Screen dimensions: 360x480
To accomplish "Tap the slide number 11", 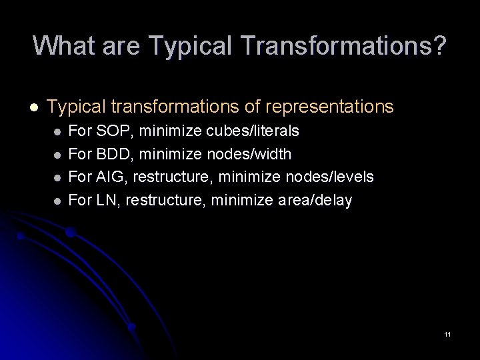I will point(447,334).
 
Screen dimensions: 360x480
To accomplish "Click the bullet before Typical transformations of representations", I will point(32,107).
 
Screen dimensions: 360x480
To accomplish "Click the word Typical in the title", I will point(189,45).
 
